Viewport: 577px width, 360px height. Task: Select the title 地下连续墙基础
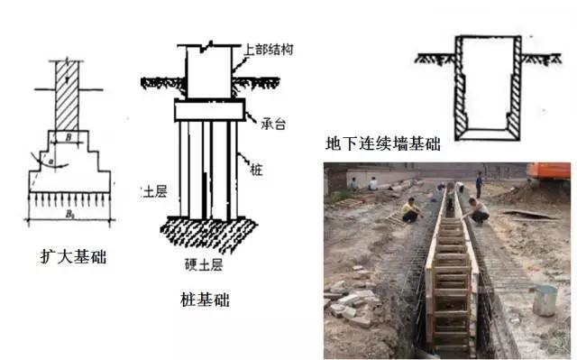pyautogui.click(x=383, y=144)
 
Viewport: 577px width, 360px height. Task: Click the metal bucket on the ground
pyautogui.click(x=545, y=300)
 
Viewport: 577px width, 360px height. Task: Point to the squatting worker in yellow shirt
pyautogui.click(x=411, y=211)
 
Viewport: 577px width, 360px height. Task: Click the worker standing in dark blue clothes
pyautogui.click(x=478, y=184)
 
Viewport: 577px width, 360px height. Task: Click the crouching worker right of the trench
pyautogui.click(x=478, y=211)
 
